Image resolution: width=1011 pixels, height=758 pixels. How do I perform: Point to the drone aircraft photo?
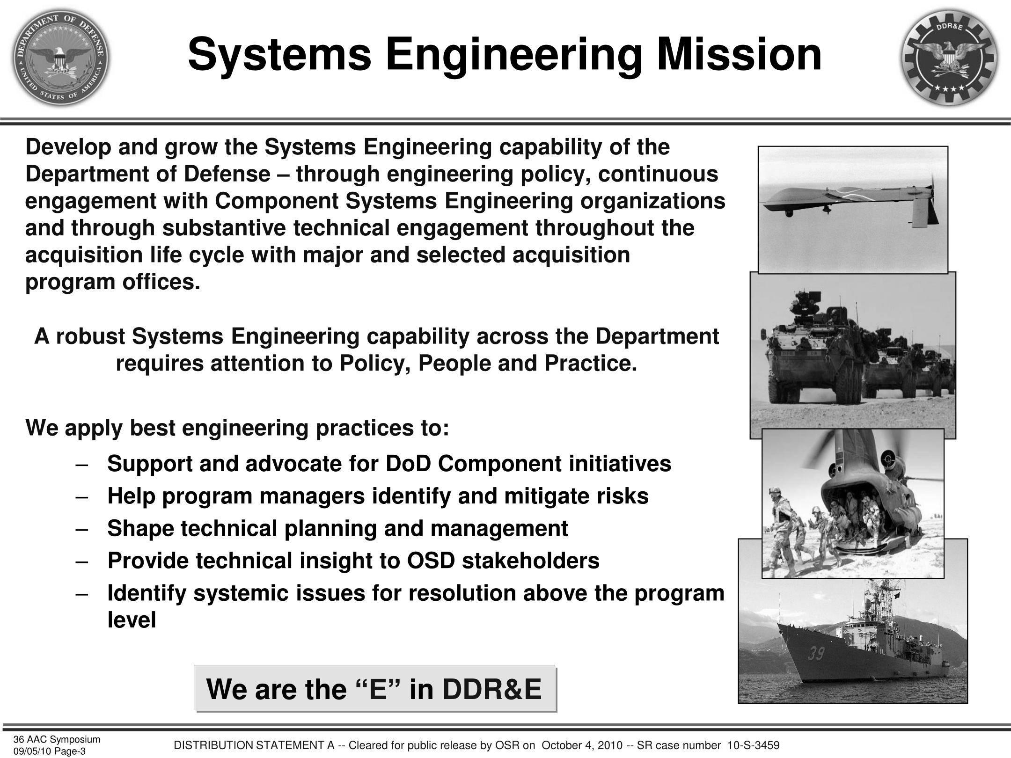[x=853, y=210]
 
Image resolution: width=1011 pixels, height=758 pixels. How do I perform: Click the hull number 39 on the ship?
[x=815, y=653]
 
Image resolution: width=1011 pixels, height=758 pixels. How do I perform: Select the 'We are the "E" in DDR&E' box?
[x=375, y=689]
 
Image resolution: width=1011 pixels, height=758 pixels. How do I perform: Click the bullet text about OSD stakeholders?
[x=353, y=561]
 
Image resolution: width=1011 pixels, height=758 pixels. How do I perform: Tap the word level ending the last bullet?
[x=132, y=620]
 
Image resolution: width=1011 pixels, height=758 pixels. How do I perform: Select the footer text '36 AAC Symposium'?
[x=57, y=739]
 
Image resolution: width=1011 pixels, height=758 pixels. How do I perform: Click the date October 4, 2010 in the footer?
[x=582, y=745]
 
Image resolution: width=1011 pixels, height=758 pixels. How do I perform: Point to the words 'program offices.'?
[x=113, y=282]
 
